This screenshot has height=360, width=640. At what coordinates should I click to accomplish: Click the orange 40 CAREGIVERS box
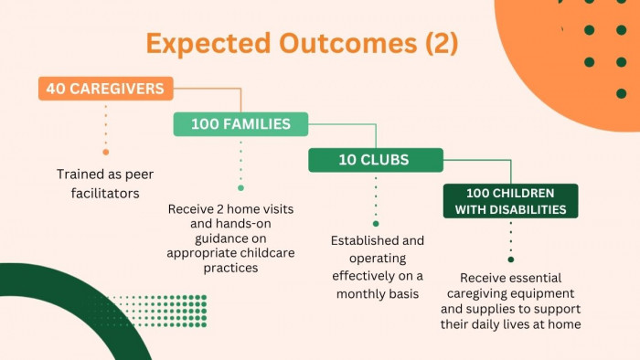point(106,89)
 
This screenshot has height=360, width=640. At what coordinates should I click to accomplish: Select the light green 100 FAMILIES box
point(240,124)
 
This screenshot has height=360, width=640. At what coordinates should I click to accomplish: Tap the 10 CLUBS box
point(376,160)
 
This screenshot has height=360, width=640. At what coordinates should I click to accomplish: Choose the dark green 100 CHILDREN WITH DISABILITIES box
point(510,201)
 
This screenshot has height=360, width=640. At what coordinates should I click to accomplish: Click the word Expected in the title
point(208,44)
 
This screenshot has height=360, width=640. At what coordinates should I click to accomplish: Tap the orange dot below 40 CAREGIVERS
point(106,152)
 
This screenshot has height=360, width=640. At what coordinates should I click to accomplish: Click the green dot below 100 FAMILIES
point(240,188)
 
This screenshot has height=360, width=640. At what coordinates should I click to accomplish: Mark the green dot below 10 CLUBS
point(376,224)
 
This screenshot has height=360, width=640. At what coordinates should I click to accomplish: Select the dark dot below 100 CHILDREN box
point(510,259)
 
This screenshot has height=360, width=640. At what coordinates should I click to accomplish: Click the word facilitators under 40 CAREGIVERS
point(105,193)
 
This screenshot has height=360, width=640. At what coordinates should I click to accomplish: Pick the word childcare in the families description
point(267,253)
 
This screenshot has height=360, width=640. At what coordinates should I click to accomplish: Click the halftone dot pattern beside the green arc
point(164,311)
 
